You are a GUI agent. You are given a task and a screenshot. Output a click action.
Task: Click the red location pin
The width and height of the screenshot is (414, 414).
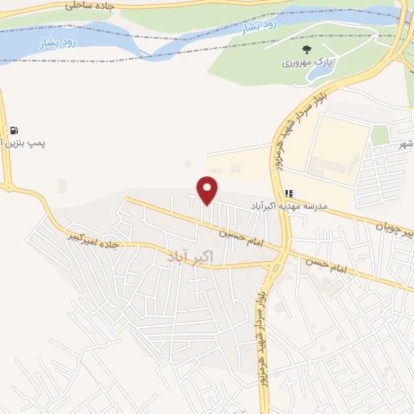(x=209, y=190)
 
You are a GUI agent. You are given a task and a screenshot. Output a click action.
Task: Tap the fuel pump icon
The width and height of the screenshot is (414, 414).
(x=15, y=129)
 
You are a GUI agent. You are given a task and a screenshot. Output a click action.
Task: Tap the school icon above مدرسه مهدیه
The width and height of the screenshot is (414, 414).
(x=290, y=193)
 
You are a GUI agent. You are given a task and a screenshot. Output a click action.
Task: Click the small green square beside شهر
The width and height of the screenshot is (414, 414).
(x=380, y=135)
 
